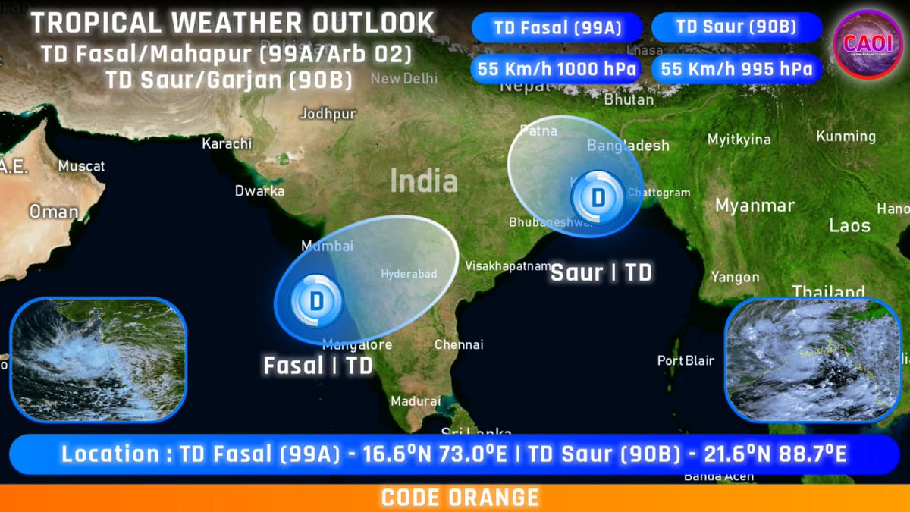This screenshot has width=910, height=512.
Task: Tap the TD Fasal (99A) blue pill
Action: [x=557, y=28]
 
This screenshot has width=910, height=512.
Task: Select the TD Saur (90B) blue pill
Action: [x=736, y=27]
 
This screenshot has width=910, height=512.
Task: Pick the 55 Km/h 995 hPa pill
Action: [x=736, y=69]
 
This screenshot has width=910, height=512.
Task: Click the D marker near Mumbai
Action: [x=317, y=301]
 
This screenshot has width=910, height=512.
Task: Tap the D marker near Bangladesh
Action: [x=598, y=198]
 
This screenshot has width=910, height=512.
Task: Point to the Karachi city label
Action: [x=227, y=143]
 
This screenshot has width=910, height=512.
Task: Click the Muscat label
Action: [x=82, y=165]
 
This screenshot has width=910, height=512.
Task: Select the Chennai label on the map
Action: [x=459, y=344]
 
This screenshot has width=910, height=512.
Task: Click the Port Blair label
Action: [x=686, y=360]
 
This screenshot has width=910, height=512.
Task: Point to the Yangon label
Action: [x=736, y=277]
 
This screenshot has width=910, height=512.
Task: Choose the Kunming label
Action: [x=846, y=137]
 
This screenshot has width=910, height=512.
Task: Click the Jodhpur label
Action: [x=328, y=114]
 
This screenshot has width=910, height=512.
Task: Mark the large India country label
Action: [x=424, y=181]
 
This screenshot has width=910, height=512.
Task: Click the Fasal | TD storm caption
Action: [x=318, y=366]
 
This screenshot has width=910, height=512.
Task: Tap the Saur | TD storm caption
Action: [x=601, y=272]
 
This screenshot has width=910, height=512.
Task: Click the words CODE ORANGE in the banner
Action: [x=460, y=498]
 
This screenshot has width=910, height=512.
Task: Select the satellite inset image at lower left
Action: [x=98, y=360]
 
